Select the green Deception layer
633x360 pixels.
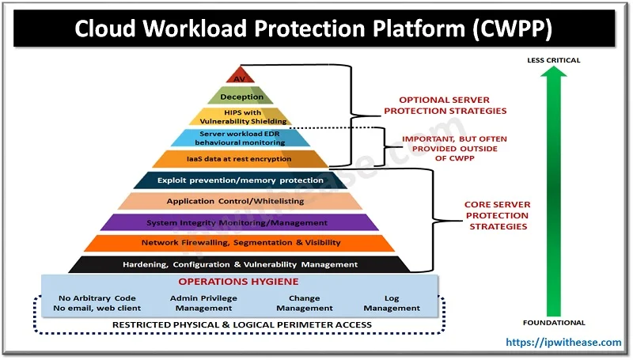pos(241,97)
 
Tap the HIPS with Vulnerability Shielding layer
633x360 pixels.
pos(241,117)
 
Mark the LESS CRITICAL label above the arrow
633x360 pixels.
pos(554,61)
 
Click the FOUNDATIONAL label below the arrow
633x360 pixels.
pos(554,323)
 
